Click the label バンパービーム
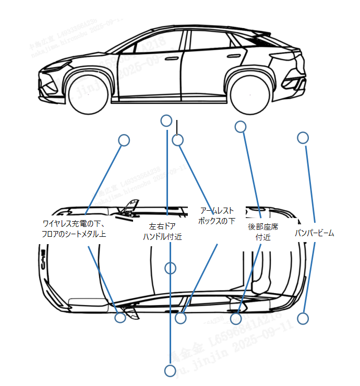click(x=314, y=233)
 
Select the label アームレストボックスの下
click(x=217, y=215)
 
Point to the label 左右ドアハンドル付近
click(x=162, y=232)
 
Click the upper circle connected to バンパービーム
click(x=303, y=138)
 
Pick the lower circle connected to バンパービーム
click(x=303, y=318)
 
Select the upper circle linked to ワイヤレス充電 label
click(x=124, y=140)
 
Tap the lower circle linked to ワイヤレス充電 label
click(x=121, y=317)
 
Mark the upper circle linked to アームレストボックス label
click(x=178, y=140)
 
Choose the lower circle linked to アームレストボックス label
click(x=181, y=317)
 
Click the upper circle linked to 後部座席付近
click(x=240, y=126)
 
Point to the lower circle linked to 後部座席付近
click(x=236, y=318)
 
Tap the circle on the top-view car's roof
click(x=170, y=268)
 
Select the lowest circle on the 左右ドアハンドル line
click(x=170, y=371)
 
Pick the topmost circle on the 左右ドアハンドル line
click(x=166, y=121)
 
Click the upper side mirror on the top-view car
click(x=131, y=207)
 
